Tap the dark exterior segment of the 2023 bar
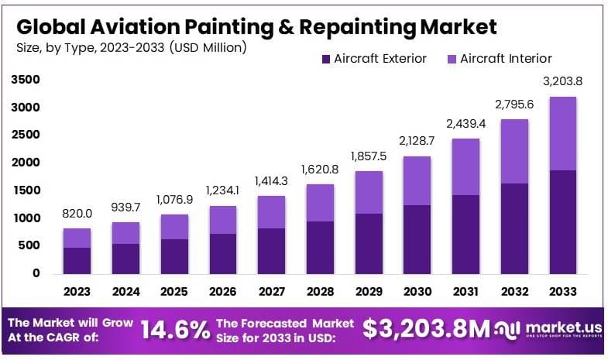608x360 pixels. [x=77, y=260]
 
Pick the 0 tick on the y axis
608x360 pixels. [x=36, y=273]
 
